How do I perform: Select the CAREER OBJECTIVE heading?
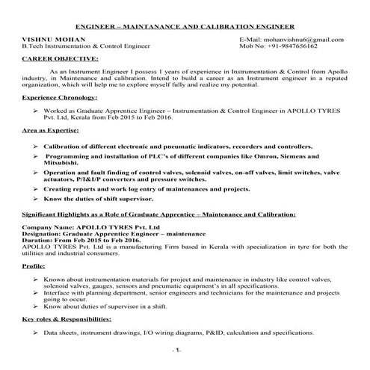click(60, 57)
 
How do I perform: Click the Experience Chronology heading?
click(62, 98)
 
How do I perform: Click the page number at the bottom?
click(176, 350)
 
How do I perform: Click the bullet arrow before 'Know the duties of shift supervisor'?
click(37, 200)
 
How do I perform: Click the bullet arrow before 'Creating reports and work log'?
click(37, 190)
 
